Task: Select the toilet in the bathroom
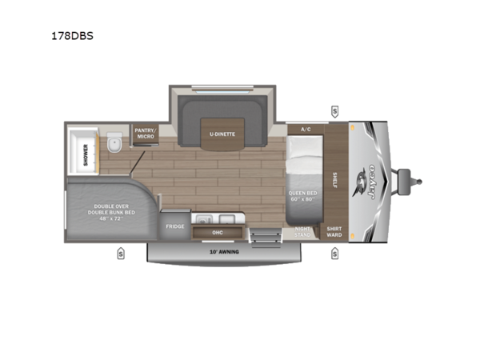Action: click(x=114, y=145)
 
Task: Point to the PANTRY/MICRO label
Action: click(x=145, y=134)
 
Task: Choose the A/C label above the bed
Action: click(x=305, y=129)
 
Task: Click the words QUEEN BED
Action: click(x=304, y=193)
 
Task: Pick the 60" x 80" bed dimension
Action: click(x=304, y=199)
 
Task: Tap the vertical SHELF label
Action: click(x=334, y=179)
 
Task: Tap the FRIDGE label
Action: click(x=175, y=226)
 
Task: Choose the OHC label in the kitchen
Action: click(x=217, y=233)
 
